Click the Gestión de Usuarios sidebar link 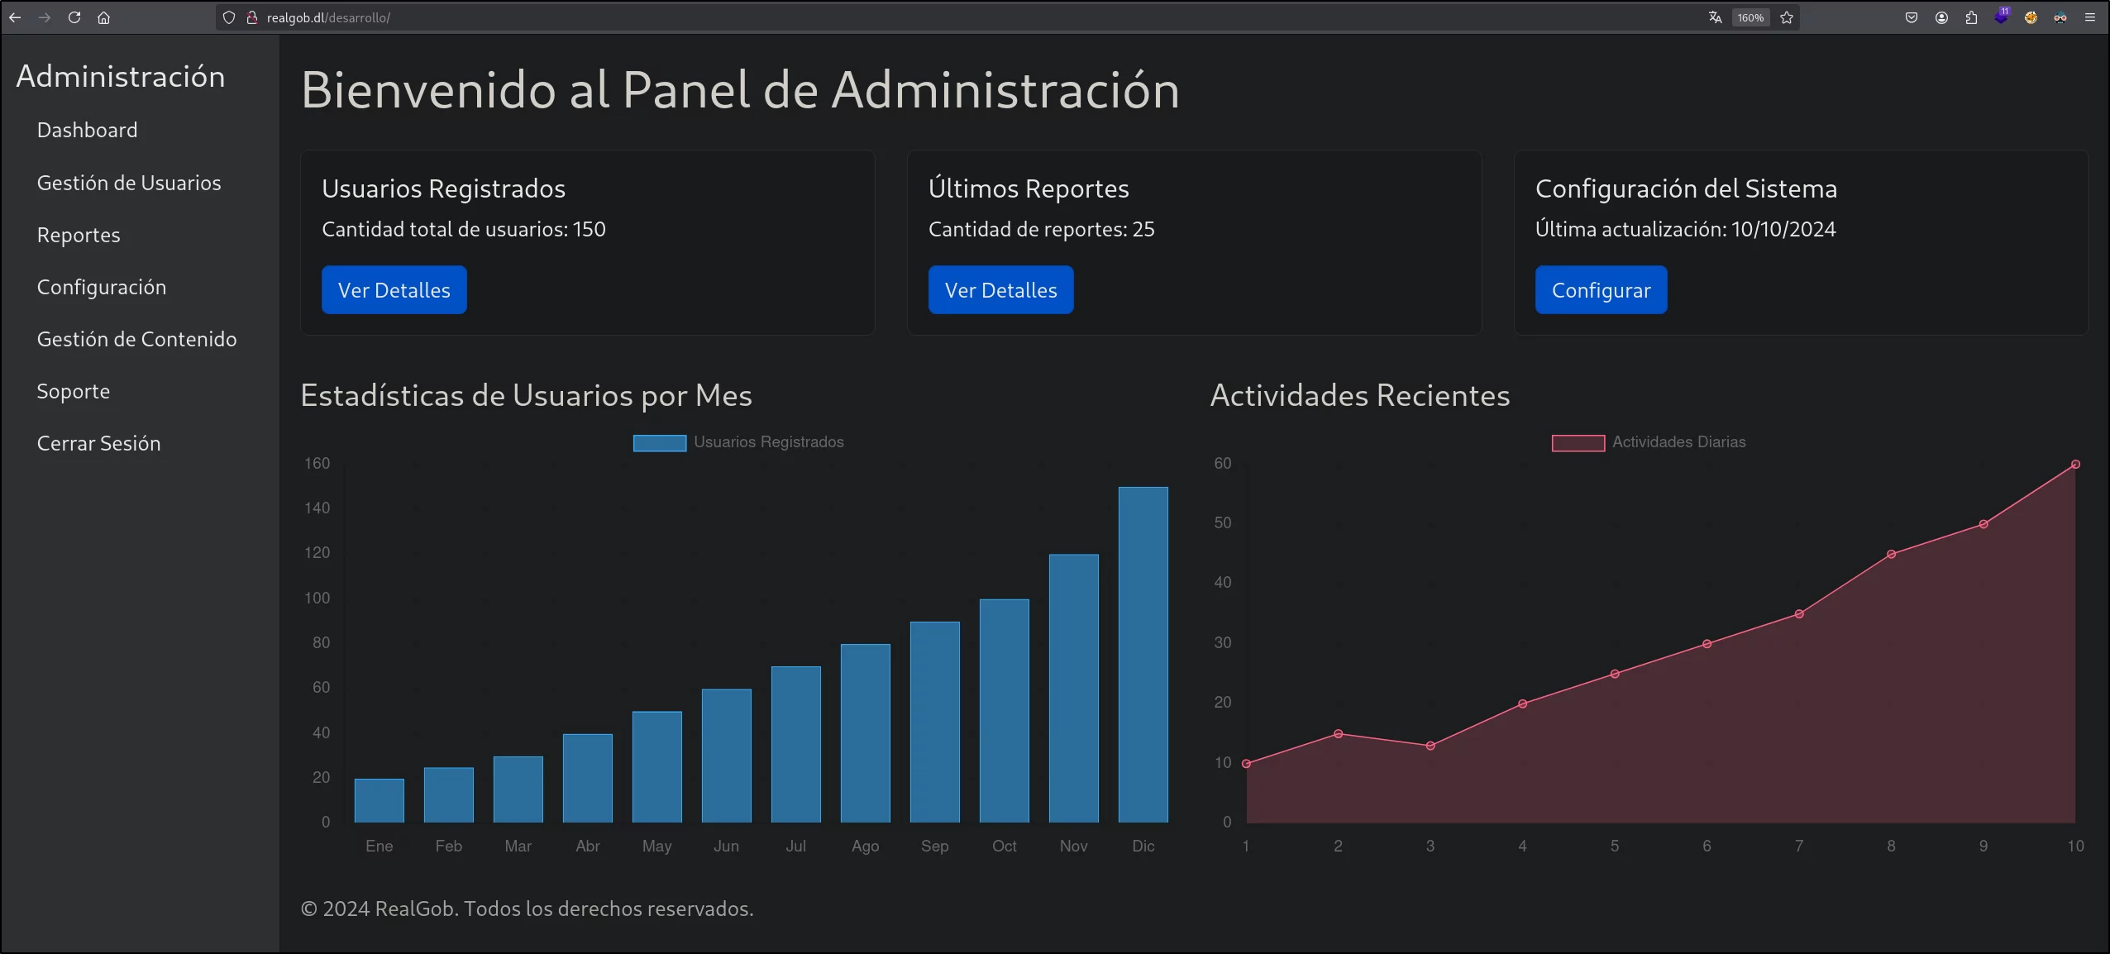point(129,183)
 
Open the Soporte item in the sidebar point(74,391)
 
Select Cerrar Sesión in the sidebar point(99,443)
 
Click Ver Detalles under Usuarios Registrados point(394,290)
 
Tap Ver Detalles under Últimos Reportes point(1001,290)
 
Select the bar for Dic point(1143,655)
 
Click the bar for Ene point(380,800)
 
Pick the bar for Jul point(796,744)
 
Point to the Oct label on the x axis point(1005,846)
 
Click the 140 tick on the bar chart point(317,508)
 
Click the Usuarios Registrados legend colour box point(660,443)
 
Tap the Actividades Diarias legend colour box point(1578,443)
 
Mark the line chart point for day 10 point(2075,465)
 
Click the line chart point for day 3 point(1430,746)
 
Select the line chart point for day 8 point(1891,554)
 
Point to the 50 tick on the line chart point(1223,522)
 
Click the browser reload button point(74,17)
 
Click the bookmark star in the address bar point(1787,17)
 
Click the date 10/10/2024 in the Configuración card point(1783,229)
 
